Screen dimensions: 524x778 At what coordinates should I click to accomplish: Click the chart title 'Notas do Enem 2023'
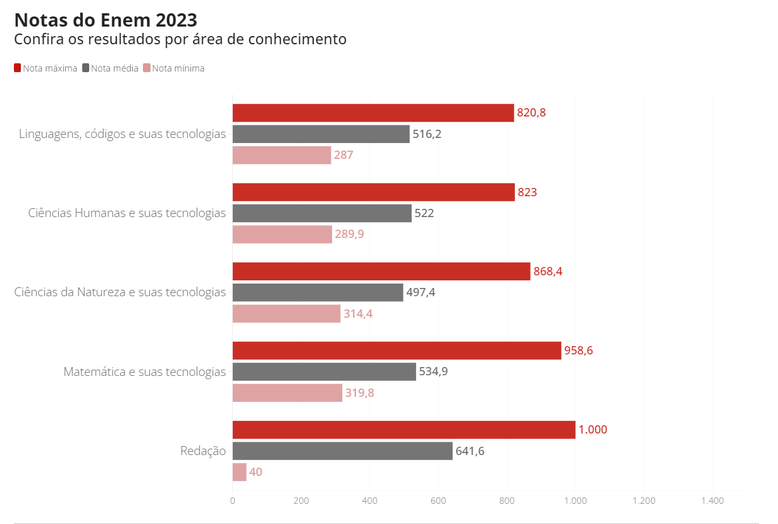coord(105,20)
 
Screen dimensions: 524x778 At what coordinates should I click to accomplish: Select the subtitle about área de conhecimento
coord(180,39)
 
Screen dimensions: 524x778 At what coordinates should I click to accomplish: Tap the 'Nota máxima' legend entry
coord(46,68)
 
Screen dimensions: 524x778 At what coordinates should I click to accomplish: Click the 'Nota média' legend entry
coord(111,68)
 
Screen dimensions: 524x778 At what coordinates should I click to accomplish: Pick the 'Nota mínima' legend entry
coord(174,68)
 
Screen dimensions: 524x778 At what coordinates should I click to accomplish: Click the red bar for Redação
coord(404,430)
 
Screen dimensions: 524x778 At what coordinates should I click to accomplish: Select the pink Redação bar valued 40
coord(239,472)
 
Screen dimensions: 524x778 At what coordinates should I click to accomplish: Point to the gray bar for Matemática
coord(324,371)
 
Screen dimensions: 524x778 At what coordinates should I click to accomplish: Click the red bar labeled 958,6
coord(397,351)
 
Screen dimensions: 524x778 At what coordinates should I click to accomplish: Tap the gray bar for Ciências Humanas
coord(322,213)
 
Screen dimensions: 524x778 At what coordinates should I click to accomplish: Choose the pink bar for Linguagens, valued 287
coord(281,155)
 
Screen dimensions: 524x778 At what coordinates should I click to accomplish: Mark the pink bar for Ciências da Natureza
coord(286,314)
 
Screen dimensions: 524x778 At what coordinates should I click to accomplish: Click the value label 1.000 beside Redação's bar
coord(593,430)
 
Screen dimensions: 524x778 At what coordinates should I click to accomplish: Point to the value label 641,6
coord(470,451)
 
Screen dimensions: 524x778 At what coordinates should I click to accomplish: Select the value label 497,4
coord(421,292)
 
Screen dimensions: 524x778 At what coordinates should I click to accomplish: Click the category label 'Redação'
coord(203,451)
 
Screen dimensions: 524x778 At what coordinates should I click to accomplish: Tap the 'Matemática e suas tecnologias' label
coord(145,371)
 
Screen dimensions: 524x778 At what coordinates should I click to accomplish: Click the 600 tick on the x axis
coord(438,501)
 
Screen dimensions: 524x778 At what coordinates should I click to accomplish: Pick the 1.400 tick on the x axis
coord(712,501)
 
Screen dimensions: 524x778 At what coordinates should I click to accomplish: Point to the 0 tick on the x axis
coord(233,501)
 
